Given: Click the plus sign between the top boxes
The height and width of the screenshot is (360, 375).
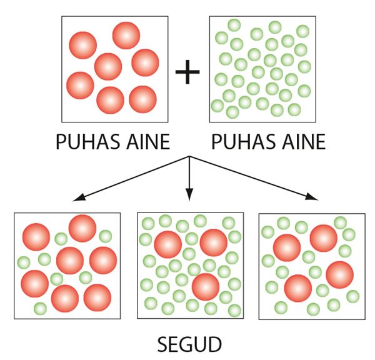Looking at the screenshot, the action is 187,72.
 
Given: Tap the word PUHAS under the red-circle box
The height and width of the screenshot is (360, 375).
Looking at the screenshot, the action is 87,142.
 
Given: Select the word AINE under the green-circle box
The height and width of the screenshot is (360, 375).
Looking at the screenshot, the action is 304,142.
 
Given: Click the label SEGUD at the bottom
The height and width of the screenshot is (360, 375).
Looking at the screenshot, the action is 189,344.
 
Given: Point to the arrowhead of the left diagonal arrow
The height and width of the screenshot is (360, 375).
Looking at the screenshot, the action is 78,197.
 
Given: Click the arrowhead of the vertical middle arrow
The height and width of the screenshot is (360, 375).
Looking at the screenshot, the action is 189,194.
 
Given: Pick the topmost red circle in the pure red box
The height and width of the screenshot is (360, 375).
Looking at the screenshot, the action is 126,36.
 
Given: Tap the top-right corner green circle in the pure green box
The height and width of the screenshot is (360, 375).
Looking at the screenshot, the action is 302,31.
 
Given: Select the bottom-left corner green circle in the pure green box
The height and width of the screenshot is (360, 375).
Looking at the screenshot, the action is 217,106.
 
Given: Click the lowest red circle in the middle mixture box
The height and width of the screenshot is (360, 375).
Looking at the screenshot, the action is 206,287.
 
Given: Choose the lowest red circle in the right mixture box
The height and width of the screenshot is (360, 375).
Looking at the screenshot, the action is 298,288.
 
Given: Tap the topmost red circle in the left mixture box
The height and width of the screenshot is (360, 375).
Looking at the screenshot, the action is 82,228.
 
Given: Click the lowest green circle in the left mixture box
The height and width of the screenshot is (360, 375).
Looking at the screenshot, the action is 41,308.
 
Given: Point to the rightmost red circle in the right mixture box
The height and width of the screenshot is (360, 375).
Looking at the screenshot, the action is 339,274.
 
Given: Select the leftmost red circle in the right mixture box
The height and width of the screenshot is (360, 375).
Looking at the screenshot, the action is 287,248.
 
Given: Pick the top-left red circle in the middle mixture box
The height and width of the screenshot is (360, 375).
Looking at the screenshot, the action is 168,244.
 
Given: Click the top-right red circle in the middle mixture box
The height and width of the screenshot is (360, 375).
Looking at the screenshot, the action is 214,242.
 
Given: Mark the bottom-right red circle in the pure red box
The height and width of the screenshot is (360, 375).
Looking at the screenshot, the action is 142,99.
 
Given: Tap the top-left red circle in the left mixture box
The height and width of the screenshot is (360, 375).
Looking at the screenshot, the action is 36,237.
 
